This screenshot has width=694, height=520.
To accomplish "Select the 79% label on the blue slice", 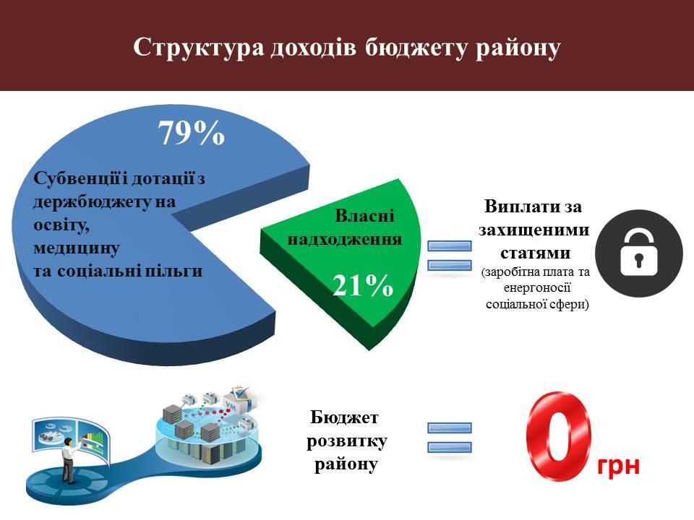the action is point(191,133).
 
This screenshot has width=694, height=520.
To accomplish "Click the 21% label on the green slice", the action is point(363,285).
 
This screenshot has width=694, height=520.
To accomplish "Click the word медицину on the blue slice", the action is point(76,248).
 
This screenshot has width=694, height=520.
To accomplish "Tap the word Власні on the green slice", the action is point(364,216).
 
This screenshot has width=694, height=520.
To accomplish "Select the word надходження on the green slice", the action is point(345,239).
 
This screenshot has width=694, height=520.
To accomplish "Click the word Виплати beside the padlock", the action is point(518,206).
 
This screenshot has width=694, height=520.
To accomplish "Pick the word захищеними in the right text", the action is point(534,230).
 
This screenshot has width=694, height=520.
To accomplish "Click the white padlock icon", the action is point(638,253).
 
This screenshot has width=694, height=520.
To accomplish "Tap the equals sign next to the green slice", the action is point(449,255).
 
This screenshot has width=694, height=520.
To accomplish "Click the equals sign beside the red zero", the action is point(449,438).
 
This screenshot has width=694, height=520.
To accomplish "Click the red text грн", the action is point(618,466).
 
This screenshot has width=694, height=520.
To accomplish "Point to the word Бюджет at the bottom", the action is point(344,417).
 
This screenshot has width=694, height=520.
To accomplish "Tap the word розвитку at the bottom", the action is point(346,442).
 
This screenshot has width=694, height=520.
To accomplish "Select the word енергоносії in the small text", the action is point(537,288).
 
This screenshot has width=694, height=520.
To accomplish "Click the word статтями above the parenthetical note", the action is point(535,253).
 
